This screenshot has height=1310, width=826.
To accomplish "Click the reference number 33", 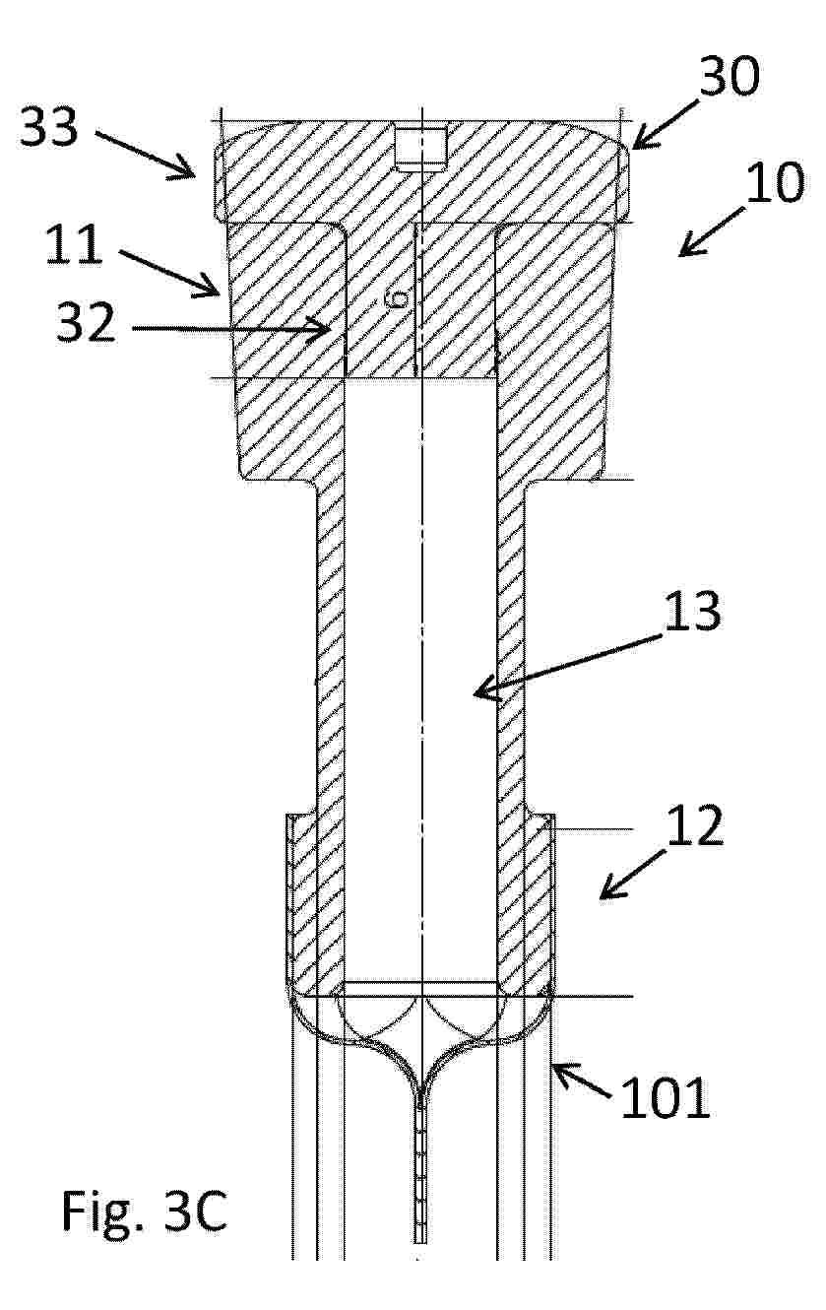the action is click(49, 126).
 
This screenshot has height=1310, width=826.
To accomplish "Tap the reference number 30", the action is click(729, 76).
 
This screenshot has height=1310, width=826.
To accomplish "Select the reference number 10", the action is click(774, 182).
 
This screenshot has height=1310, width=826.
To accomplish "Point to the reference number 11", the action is click(74, 244).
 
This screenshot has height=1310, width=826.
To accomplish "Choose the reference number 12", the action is click(695, 825).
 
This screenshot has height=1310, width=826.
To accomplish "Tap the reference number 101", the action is click(666, 1098).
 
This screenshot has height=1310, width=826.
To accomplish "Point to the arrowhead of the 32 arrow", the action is click(323, 329).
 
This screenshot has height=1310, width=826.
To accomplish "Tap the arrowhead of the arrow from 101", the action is click(561, 1072).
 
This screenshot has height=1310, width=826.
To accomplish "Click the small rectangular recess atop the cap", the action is click(421, 149).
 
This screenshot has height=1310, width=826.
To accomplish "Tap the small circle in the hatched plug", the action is click(400, 299).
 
